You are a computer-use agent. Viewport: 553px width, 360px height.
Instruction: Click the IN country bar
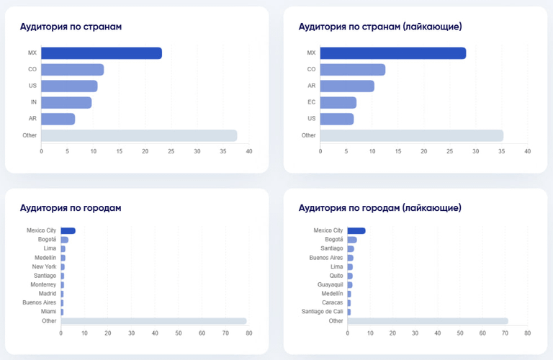coord(66,102)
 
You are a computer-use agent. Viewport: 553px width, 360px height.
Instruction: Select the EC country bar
coord(338,102)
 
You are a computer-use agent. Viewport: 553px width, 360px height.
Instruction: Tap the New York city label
coord(45,266)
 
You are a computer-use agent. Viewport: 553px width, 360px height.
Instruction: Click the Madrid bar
coord(62,294)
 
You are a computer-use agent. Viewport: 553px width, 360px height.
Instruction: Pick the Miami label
coord(48,312)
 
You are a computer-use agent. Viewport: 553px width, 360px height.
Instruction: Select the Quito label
coord(335,276)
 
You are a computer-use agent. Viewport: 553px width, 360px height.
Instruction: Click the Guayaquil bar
coord(349,284)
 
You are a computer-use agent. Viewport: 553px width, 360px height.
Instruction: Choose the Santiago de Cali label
coord(323,312)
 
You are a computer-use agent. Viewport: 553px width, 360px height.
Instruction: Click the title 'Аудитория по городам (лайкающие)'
coord(379,208)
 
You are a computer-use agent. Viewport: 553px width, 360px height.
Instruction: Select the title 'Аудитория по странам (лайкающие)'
coord(379,27)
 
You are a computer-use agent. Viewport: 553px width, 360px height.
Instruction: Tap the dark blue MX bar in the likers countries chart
coord(392,53)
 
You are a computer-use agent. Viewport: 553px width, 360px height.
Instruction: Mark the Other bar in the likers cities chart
coord(428,321)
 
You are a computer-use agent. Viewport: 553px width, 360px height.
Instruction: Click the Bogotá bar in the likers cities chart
coord(352,240)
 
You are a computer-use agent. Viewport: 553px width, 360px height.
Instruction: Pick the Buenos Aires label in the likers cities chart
coord(326,257)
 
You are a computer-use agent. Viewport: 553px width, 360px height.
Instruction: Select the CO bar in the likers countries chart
coord(352,69)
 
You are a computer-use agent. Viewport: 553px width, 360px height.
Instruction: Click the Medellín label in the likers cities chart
coord(332,294)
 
